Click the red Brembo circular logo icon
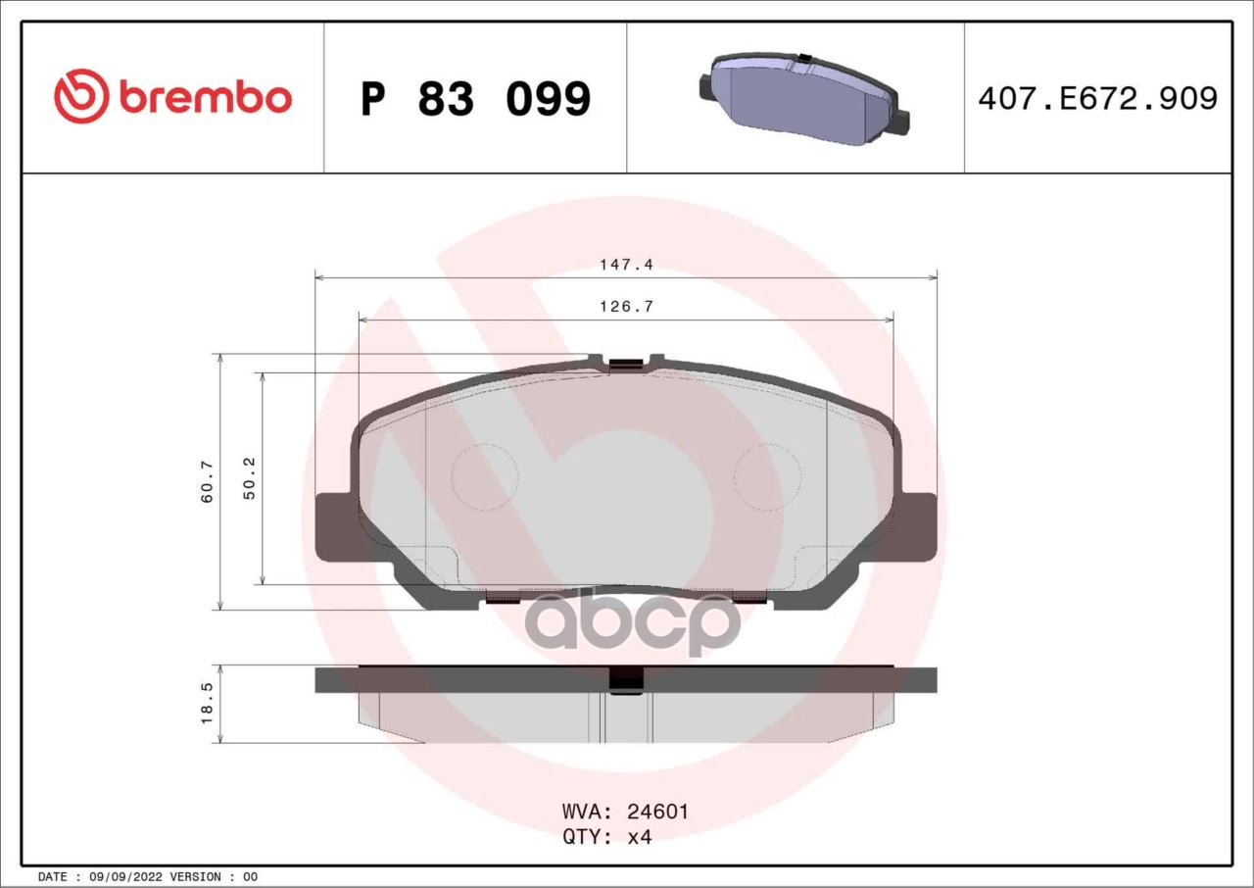(80, 96)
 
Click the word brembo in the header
(206, 98)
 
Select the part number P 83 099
(475, 99)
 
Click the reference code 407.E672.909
(1098, 98)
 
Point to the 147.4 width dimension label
(626, 264)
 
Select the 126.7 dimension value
(626, 306)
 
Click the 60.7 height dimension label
(207, 481)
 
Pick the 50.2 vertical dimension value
(249, 478)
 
